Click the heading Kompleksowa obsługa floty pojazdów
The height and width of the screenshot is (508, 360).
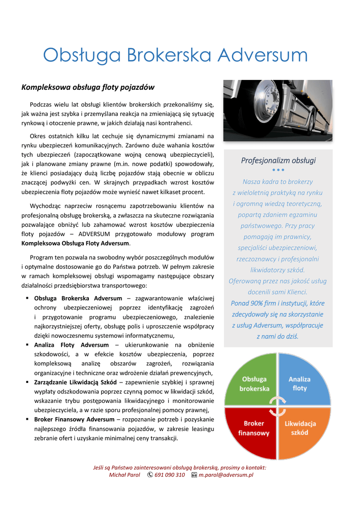(88, 87)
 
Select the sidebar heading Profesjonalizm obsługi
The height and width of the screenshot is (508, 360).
(278, 160)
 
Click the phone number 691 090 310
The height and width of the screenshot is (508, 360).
(169, 475)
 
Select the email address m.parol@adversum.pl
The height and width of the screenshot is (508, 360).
(226, 475)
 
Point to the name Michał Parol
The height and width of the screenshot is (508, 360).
(124, 475)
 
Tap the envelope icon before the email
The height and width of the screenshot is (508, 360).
(194, 475)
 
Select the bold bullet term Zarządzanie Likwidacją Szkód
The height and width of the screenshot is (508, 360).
(75, 382)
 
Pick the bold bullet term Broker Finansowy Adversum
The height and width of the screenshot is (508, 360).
(74, 419)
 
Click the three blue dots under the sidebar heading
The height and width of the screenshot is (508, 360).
(278, 170)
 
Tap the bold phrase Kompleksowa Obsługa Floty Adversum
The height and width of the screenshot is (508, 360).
(75, 243)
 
